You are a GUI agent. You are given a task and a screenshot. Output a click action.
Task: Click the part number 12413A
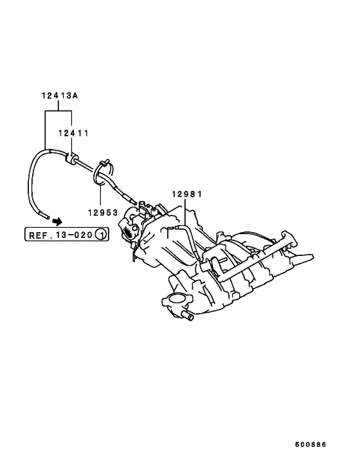coord(60,95)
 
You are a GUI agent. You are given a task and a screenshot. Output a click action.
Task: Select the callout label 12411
coord(73,133)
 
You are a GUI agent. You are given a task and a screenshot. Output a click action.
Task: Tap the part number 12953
coord(103,213)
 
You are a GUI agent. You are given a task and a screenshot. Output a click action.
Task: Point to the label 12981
coord(187,194)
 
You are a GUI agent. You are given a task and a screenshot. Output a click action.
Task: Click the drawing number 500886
coord(310,444)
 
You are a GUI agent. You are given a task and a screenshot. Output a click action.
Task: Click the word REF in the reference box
coord(38,235)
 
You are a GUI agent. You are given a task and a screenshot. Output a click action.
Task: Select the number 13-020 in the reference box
coord(74,235)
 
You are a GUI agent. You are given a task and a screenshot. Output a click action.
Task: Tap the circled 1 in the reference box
coord(101,234)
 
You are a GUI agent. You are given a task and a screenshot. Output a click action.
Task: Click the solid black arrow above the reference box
coord(57,221)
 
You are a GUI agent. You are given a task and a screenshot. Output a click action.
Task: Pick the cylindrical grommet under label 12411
coord(71,158)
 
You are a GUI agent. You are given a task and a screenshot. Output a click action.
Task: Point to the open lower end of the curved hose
coord(46,216)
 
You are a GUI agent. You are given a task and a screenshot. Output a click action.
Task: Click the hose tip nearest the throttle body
coord(133,203)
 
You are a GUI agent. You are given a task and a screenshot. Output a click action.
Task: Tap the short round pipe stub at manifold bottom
coord(187,316)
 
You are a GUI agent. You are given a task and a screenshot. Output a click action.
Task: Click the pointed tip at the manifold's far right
coord(314,256)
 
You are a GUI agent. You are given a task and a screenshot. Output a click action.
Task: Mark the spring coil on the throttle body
coord(127,230)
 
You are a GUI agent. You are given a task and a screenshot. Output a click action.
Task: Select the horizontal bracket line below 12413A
coord(59,111)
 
